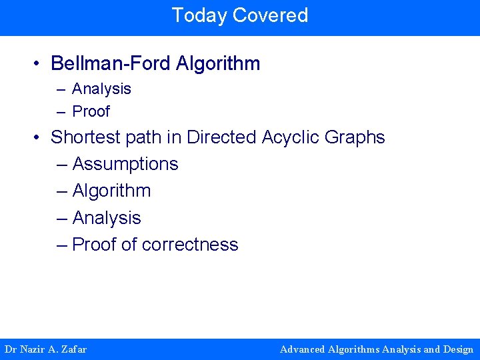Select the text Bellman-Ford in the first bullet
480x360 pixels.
pyautogui.click(x=111, y=64)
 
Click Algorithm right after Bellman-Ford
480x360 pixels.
pyautogui.click(x=218, y=64)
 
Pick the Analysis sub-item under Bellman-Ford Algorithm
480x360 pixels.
pyautogui.click(x=101, y=89)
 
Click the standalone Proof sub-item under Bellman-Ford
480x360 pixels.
pyautogui.click(x=91, y=111)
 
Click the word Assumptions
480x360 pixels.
pyautogui.click(x=125, y=164)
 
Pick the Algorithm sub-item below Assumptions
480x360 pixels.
pyautogui.click(x=111, y=191)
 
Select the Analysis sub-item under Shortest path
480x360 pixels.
pyautogui.click(x=107, y=218)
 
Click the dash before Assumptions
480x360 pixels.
pyautogui.click(x=63, y=164)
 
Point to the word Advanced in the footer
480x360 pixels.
pyautogui.click(x=303, y=349)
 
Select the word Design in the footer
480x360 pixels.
pyautogui.click(x=458, y=349)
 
